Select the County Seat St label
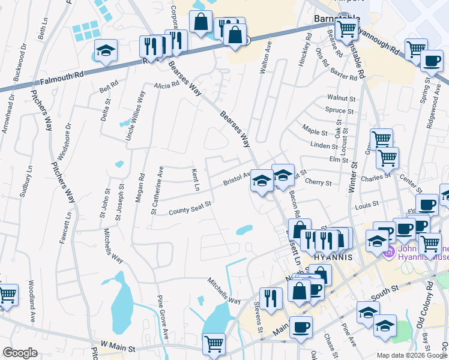point(190,208)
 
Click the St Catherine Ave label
point(156,190)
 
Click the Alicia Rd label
point(166,85)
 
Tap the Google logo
point(20,353)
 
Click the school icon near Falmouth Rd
point(106,51)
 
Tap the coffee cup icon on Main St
point(301,328)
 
